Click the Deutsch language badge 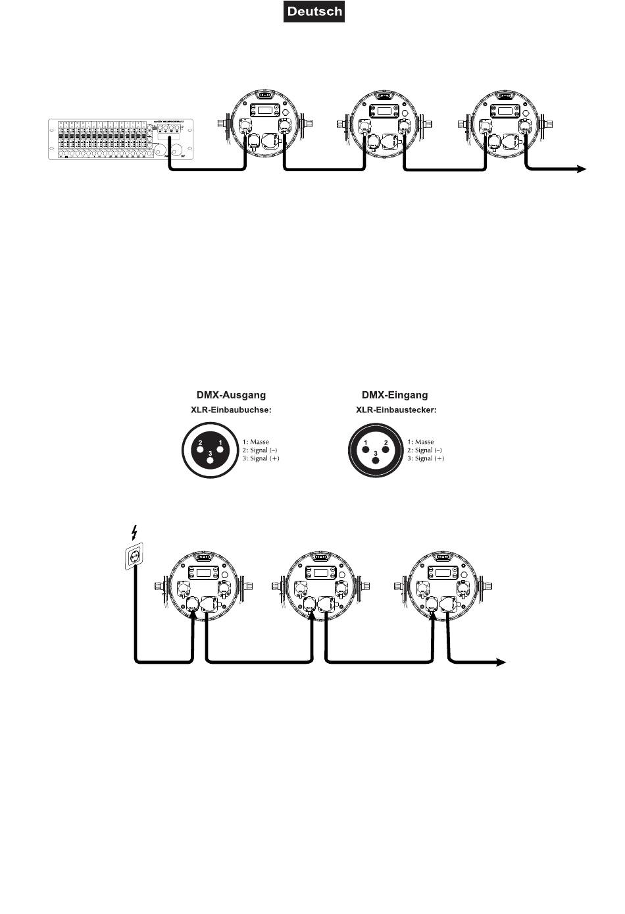(x=314, y=12)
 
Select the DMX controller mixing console (x=119, y=138)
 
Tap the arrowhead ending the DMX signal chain (x=581, y=169)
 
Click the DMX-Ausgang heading (x=231, y=395)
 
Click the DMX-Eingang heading (x=394, y=395)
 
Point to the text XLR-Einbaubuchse (x=231, y=410)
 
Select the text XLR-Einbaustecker (x=396, y=410)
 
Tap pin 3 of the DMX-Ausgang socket (x=210, y=460)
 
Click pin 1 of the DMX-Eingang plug (x=365, y=449)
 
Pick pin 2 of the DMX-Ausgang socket (x=199, y=449)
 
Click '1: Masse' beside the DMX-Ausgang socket (x=255, y=442)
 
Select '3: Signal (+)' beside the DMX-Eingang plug (x=425, y=458)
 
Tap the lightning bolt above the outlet (x=135, y=532)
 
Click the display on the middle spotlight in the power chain (x=321, y=572)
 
